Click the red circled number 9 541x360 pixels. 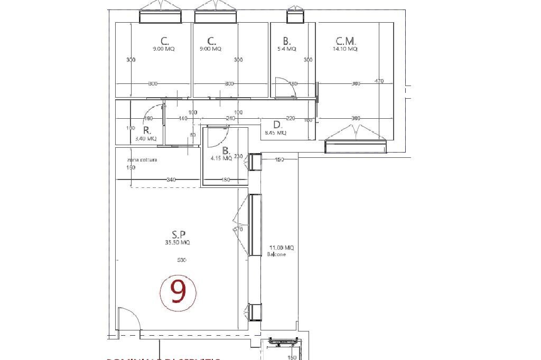178,292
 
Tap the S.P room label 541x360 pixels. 178,234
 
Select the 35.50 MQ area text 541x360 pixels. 178,243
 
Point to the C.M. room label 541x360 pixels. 346,41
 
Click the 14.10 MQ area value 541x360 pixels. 345,49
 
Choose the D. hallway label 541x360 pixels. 277,125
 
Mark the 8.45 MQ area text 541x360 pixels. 275,133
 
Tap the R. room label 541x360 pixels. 146,130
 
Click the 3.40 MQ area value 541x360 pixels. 146,139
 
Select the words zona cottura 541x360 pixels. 142,159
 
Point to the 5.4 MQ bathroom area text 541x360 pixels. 286,49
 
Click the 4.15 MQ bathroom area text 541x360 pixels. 221,158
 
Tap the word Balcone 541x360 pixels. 277,254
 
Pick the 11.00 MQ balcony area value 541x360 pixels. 282,248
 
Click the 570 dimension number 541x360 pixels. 238,230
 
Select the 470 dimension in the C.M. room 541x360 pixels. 379,81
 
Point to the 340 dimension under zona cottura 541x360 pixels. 171,180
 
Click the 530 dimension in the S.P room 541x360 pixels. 182,260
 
